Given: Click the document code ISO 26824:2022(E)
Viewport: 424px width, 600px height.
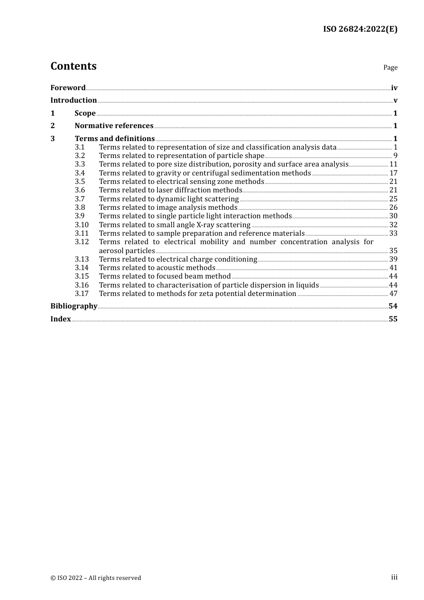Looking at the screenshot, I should pos(360,29).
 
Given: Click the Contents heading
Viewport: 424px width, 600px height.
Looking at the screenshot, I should pos(73,66).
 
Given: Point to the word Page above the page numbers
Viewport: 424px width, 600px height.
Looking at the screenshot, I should pos(390,67).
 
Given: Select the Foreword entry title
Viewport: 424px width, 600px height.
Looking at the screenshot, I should pos(68,87).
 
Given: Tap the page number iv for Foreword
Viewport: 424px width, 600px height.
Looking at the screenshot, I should pos(394,88).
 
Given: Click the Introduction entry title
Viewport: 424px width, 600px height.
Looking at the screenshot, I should pos(74,100).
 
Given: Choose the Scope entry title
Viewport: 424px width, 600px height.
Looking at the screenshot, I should pos(85,113).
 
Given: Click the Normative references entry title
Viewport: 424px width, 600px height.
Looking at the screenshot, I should pos(114,125).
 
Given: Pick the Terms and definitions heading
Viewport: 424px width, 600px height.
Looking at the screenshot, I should pos(115,138).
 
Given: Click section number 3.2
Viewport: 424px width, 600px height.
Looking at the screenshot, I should pos(80,155).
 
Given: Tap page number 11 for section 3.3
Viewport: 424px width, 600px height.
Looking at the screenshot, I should pos(393,164).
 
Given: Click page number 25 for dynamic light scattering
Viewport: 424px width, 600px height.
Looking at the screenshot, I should pos(393,199).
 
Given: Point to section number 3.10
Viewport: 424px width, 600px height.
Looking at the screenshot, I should pos(82,225).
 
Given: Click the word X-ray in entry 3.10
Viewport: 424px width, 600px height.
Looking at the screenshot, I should pos(205,225).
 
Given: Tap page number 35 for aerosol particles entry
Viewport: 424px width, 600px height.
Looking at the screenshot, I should pos(393,250).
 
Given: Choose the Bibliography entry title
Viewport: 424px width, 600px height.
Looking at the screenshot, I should pos(74,306).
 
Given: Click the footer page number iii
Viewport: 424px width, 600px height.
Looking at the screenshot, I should pos(394,577).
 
